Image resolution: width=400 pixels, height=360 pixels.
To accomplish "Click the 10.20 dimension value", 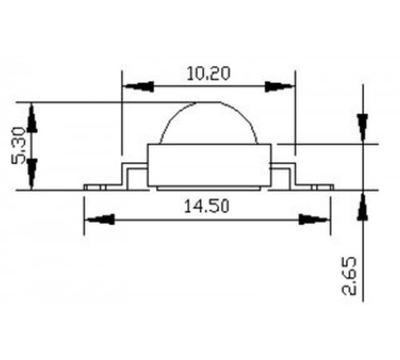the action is [x=208, y=74].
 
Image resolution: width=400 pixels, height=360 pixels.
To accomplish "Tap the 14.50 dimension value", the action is [x=206, y=206].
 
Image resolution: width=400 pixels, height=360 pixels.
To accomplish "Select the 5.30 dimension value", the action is [x=18, y=146].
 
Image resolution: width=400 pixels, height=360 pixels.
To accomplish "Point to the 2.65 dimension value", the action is [x=350, y=276].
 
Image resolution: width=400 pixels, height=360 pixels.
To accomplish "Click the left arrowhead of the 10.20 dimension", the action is [x=138, y=86].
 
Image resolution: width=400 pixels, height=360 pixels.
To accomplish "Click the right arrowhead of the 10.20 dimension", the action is [x=278, y=86].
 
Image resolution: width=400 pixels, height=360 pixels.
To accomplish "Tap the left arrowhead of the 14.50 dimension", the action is [x=100, y=220].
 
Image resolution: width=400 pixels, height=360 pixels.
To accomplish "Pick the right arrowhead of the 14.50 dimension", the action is [x=314, y=220].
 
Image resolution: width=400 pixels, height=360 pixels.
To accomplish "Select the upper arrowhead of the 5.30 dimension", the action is [x=32, y=118].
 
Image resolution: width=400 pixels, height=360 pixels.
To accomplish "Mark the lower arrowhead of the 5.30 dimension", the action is [x=32, y=174].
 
